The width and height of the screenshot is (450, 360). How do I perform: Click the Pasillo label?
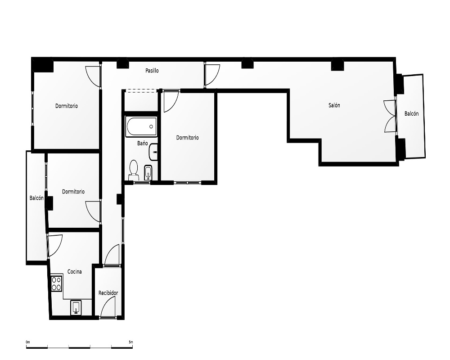(x=152, y=71)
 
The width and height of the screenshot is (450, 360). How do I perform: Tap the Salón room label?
(x=334, y=105)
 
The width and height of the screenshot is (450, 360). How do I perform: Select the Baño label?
(x=142, y=143)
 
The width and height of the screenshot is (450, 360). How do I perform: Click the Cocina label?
(x=74, y=272)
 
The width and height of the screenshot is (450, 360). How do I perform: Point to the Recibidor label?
(x=108, y=293)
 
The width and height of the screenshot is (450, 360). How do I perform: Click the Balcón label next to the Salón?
(x=411, y=114)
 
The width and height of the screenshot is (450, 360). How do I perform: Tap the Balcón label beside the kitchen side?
(x=36, y=198)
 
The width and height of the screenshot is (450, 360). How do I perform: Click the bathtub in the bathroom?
(x=141, y=126)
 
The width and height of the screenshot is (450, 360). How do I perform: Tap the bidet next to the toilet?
(x=148, y=172)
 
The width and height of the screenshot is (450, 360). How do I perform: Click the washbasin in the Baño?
(x=153, y=152)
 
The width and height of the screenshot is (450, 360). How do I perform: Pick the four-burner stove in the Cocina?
(x=57, y=283)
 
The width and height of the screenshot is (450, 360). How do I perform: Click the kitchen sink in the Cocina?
(x=76, y=307)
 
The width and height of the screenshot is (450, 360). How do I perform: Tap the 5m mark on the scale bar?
(x=131, y=342)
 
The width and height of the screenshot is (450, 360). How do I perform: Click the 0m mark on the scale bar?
(x=28, y=342)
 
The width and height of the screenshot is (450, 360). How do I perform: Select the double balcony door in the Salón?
(x=390, y=116)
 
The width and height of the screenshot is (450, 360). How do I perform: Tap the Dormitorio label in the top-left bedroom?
(x=67, y=106)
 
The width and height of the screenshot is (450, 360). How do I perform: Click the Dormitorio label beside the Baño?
(x=187, y=138)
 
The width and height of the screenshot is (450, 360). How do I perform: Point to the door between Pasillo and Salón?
(x=212, y=75)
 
